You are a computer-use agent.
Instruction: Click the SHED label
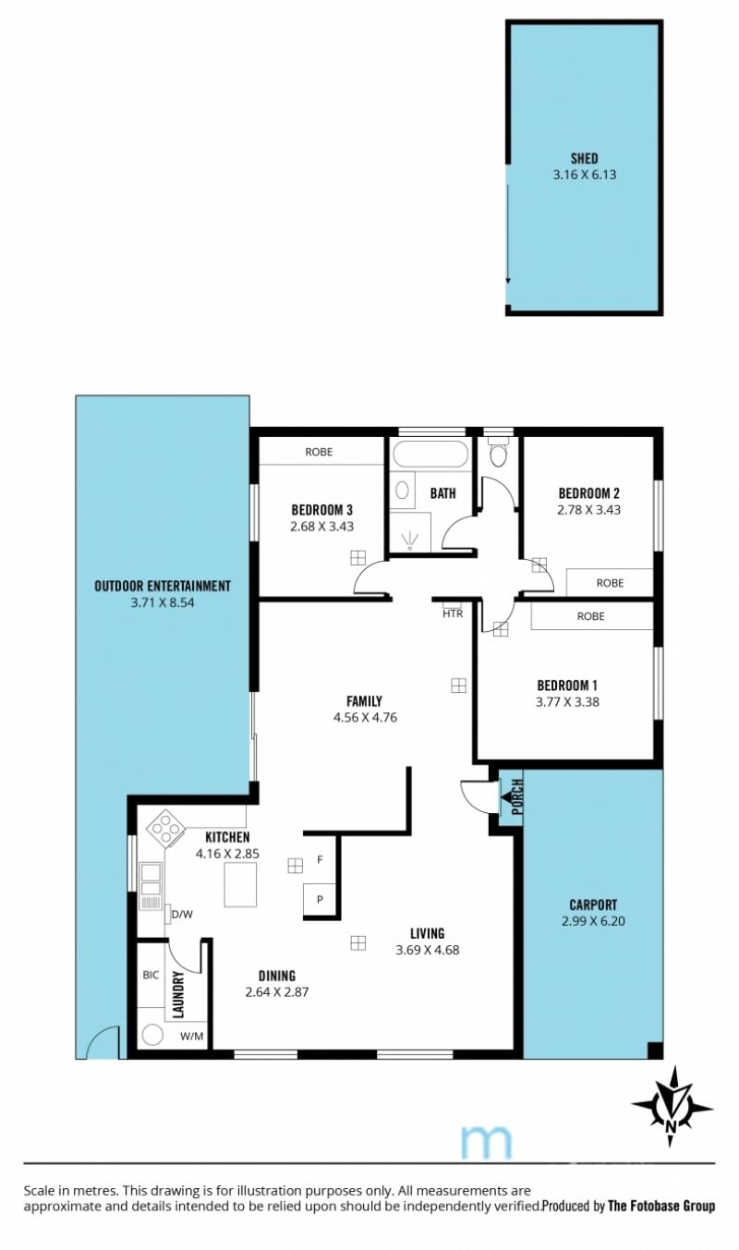(x=585, y=159)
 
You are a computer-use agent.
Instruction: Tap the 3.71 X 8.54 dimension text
(x=163, y=602)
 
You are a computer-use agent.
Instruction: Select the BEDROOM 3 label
(x=322, y=509)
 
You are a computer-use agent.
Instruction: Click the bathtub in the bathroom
(x=430, y=454)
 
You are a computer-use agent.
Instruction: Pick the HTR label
(x=453, y=613)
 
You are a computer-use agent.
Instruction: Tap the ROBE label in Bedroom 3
(x=319, y=452)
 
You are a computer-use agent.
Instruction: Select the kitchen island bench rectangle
(x=240, y=884)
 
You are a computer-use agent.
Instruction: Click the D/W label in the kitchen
(x=182, y=914)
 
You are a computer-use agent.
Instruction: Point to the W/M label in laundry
(x=191, y=1037)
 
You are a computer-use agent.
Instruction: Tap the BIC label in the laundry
(x=151, y=975)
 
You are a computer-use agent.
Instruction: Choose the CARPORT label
(x=593, y=904)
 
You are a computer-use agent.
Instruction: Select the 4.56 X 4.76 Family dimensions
(x=365, y=718)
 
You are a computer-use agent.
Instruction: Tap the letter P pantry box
(x=320, y=900)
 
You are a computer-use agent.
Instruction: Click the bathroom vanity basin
(x=402, y=491)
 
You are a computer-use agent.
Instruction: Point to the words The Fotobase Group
(x=661, y=1206)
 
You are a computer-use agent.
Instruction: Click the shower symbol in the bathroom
(x=410, y=540)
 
